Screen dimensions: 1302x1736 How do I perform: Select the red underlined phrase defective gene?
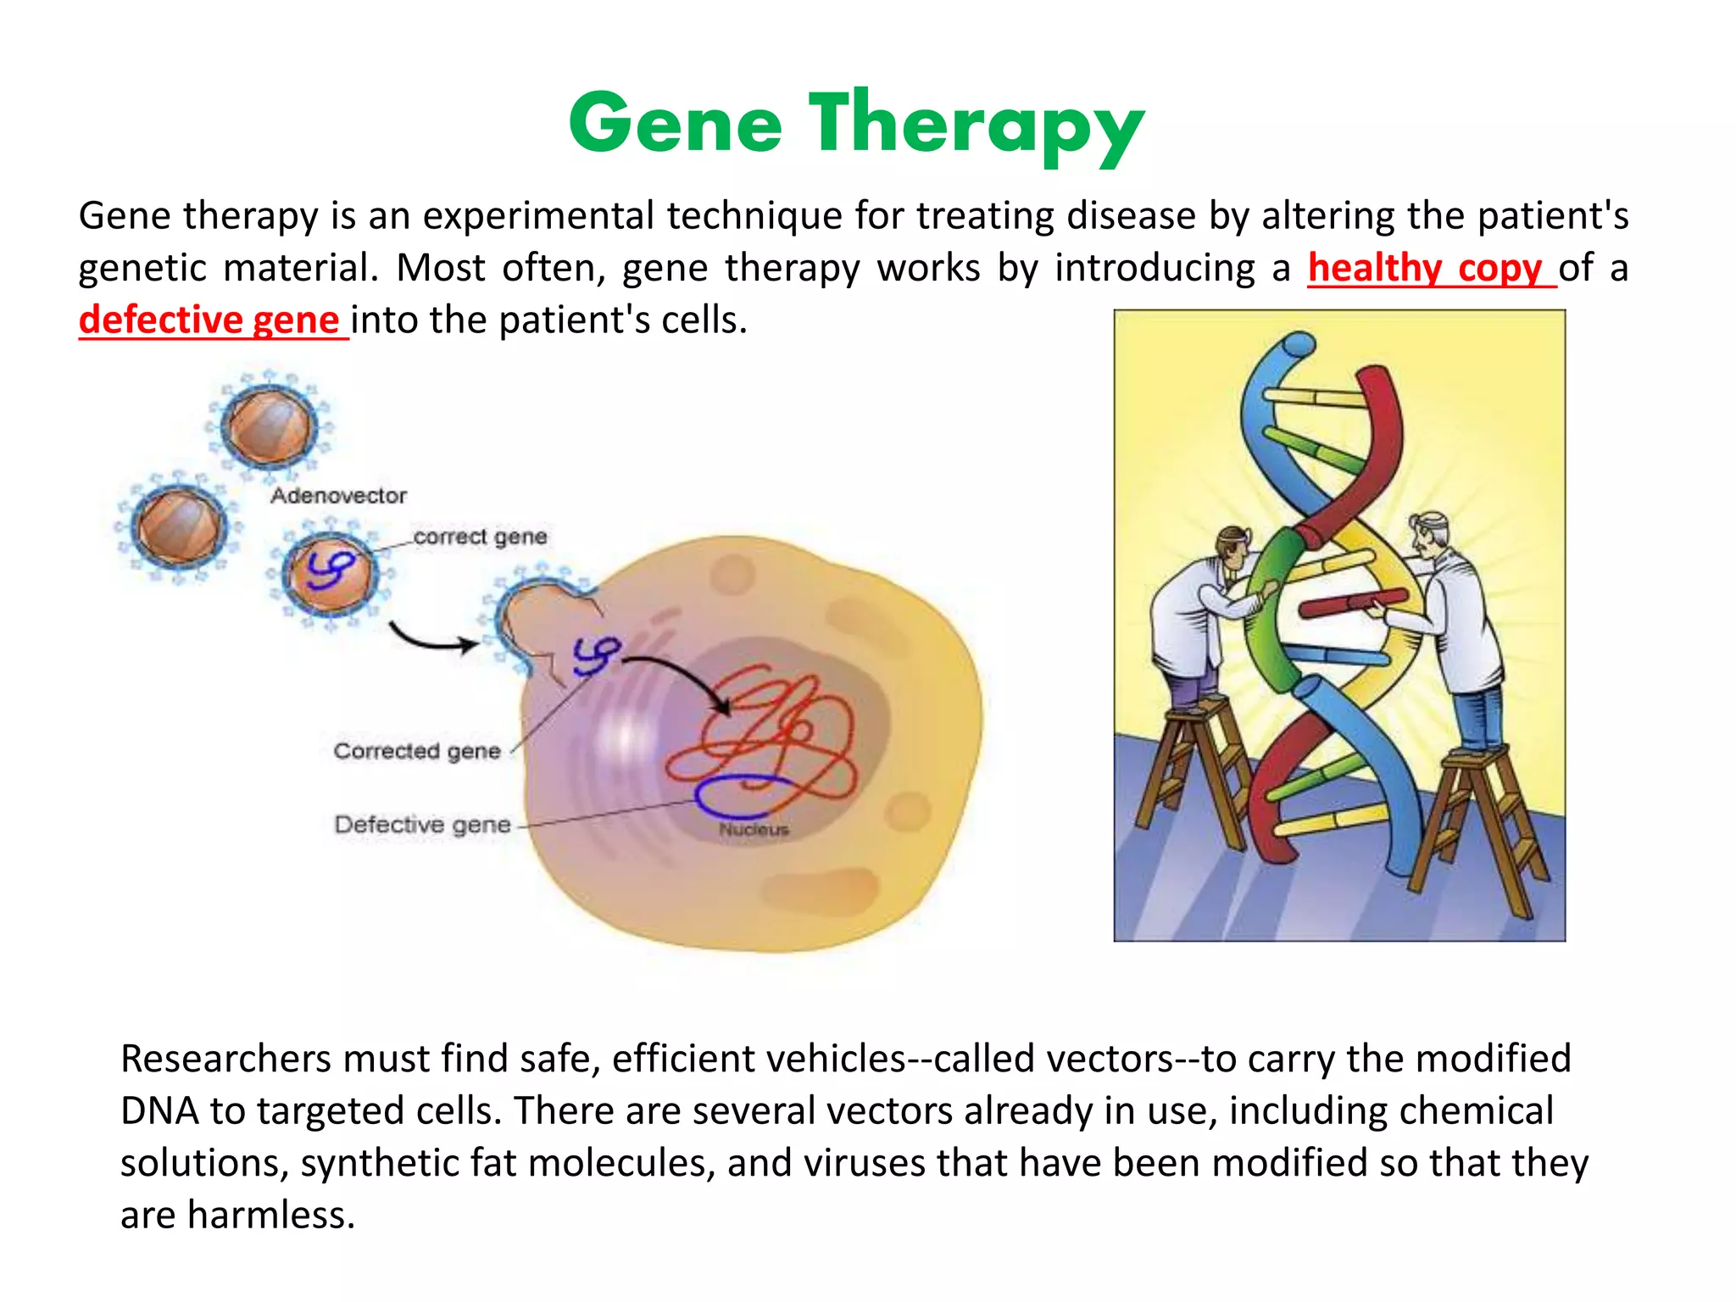click(x=209, y=320)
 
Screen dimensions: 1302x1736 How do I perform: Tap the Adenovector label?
click(x=338, y=496)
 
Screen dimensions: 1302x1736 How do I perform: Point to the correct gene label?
click(x=480, y=537)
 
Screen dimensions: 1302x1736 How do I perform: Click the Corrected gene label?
click(x=417, y=751)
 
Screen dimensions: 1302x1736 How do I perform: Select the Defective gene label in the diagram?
click(x=422, y=825)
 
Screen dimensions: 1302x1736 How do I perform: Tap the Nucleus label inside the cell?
click(x=754, y=829)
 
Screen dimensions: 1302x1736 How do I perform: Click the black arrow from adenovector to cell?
click(x=432, y=642)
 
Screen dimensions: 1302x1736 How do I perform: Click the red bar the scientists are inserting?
click(x=1348, y=604)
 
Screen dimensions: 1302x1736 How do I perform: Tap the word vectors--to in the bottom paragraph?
click(x=1144, y=1059)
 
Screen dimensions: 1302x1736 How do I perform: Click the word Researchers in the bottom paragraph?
click(x=225, y=1059)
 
